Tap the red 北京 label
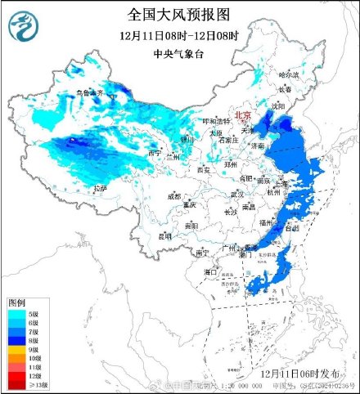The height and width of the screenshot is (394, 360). click(x=244, y=116)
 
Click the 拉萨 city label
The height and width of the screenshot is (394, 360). click(x=100, y=189)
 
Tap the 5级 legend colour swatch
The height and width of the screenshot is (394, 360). click(x=16, y=314)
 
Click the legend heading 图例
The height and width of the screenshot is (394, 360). click(x=17, y=302)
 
